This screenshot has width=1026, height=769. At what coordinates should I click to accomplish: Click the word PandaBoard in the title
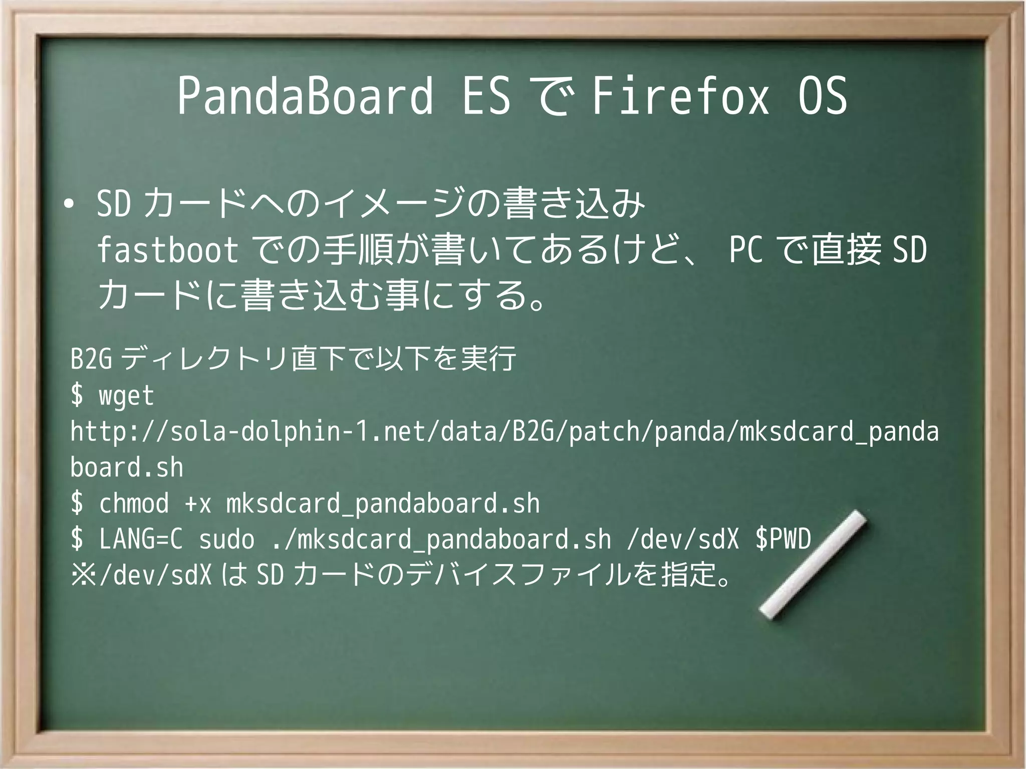point(305,96)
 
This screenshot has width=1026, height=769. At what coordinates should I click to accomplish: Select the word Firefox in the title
point(680,96)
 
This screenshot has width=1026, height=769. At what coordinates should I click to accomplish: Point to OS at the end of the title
point(822,96)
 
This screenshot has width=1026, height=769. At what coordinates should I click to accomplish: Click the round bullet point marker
point(69,204)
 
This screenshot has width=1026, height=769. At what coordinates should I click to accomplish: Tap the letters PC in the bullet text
point(745,250)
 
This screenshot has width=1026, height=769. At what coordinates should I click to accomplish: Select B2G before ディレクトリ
point(91,359)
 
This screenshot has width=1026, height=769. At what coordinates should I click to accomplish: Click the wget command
point(126,396)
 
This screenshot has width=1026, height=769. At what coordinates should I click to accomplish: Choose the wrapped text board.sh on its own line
point(127,468)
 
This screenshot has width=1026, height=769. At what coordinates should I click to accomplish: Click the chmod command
point(134,503)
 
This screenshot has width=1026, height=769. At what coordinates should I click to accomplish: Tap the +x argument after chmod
point(198,504)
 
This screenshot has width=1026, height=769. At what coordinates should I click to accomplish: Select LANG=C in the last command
point(141,540)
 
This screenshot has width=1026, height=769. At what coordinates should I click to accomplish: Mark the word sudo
point(226,540)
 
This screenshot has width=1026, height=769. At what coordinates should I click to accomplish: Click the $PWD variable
point(783,540)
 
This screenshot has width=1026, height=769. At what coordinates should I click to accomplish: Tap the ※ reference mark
point(83,575)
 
